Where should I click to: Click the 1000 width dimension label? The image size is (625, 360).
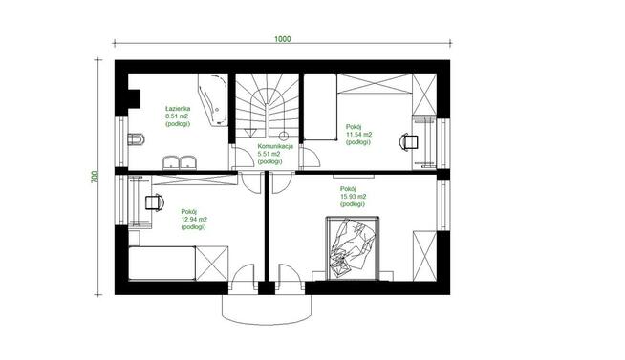point(282,39)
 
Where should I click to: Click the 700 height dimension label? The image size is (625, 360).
point(95,177)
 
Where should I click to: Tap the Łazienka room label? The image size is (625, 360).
point(178,108)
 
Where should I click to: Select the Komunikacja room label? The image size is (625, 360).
point(275,146)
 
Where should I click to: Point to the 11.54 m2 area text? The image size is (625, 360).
point(358,135)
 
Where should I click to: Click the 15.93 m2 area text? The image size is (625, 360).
point(354,197)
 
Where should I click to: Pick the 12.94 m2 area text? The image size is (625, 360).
point(194,220)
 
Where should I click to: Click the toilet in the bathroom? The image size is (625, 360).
point(136,139)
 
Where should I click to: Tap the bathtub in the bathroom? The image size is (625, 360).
point(213,99)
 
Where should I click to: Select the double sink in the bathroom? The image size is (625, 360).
point(179,163)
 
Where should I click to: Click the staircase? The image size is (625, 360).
point(267,107)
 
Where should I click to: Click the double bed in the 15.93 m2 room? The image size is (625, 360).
point(353,247)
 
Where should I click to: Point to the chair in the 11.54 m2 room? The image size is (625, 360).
point(409,142)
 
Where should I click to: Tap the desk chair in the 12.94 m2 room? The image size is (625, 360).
point(154,202)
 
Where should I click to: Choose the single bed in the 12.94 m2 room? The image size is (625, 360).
point(162,264)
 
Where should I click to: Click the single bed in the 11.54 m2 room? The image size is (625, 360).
point(320,107)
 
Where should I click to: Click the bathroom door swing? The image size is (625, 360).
point(244,157)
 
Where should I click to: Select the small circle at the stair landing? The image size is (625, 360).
point(284,137)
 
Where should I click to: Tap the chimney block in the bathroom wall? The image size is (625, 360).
point(134,98)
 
